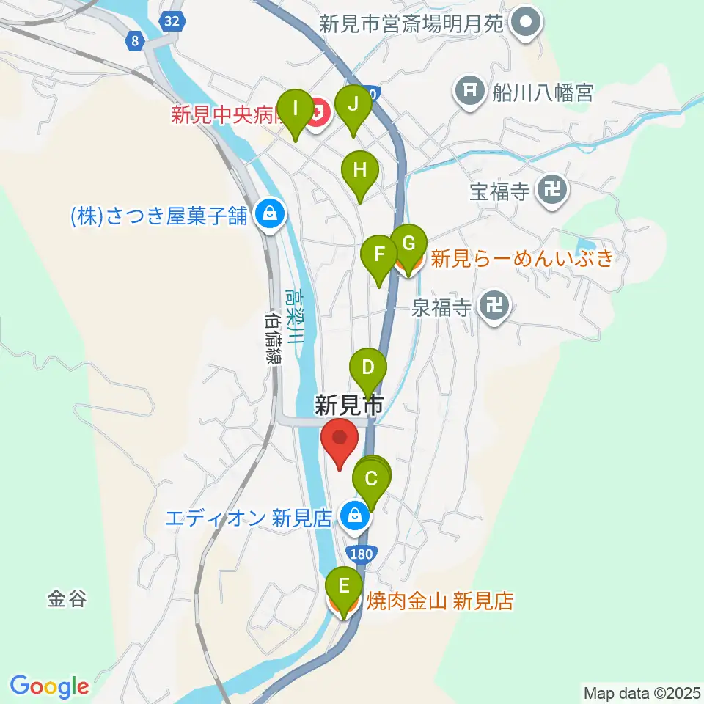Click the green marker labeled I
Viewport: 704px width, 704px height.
point(296,110)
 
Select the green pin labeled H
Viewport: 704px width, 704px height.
point(359,172)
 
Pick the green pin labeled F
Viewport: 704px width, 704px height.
point(380,256)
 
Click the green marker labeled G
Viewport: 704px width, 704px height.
point(408,244)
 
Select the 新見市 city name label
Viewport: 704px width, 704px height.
point(349,404)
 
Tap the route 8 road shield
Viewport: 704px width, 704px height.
point(134,42)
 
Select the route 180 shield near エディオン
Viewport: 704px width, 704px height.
point(362,554)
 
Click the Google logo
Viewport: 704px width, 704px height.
point(49,686)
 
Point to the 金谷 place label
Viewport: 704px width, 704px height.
point(67,599)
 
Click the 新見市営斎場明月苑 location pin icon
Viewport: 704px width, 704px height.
point(527,23)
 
